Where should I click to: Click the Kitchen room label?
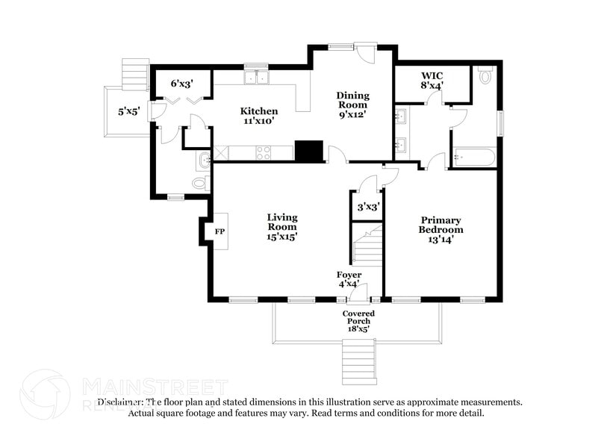pos(258,116)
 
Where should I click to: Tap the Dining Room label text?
pos(353,105)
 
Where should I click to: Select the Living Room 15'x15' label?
pos(283,227)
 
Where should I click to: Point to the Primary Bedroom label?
pos(440,229)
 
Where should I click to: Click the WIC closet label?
pos(432,81)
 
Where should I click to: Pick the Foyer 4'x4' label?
pos(349,279)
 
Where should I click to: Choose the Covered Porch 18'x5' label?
pos(358,320)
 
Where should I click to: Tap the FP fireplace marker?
pos(220,231)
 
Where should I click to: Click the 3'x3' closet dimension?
pos(367,207)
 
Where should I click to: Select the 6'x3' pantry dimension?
pos(182,84)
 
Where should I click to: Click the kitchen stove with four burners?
pos(264,152)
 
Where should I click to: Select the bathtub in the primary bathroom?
pos(472,158)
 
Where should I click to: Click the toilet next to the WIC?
pos(485,75)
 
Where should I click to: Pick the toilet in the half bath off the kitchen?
pos(200,183)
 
